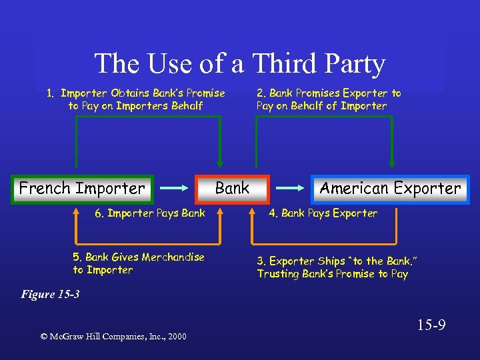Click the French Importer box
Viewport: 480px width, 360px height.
[82, 189]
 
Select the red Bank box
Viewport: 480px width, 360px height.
[232, 189]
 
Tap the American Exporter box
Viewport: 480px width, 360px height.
[390, 189]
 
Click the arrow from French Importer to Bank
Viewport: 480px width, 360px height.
[175, 189]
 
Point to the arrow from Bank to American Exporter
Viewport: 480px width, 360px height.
[290, 189]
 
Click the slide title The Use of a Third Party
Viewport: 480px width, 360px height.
[240, 64]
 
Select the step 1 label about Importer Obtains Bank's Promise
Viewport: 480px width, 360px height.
[136, 99]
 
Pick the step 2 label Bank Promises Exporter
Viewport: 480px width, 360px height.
[329, 99]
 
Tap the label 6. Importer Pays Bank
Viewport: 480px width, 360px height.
[149, 213]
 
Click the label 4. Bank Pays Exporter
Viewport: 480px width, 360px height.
[323, 213]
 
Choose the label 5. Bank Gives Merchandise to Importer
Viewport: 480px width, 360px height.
[139, 263]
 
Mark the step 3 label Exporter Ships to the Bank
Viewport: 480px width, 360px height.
[333, 267]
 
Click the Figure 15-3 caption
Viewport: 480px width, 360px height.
[51, 294]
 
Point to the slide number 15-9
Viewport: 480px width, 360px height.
[431, 326]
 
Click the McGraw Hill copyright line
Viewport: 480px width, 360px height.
[113, 336]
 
